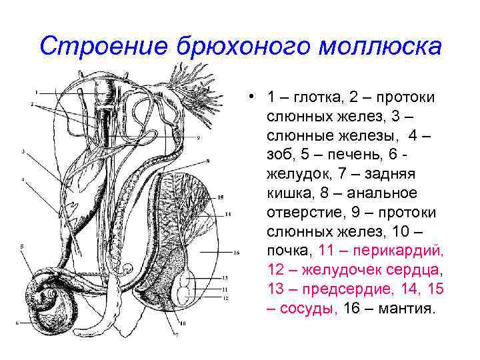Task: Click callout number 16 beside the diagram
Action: click(x=237, y=253)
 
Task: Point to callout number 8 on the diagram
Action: click(x=209, y=161)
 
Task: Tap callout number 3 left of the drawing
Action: click(x=23, y=152)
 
